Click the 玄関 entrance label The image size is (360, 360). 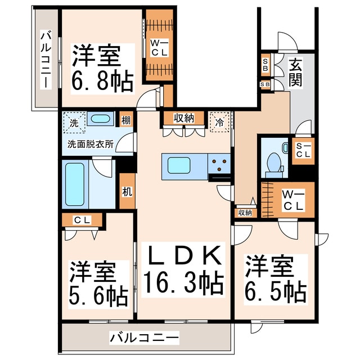coord(296,73)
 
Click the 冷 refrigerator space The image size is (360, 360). coord(220,120)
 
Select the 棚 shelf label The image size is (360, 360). coord(127,120)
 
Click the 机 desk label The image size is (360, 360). coord(127,191)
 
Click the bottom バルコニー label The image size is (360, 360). coord(144,338)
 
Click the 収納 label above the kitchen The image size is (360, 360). coord(183,118)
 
